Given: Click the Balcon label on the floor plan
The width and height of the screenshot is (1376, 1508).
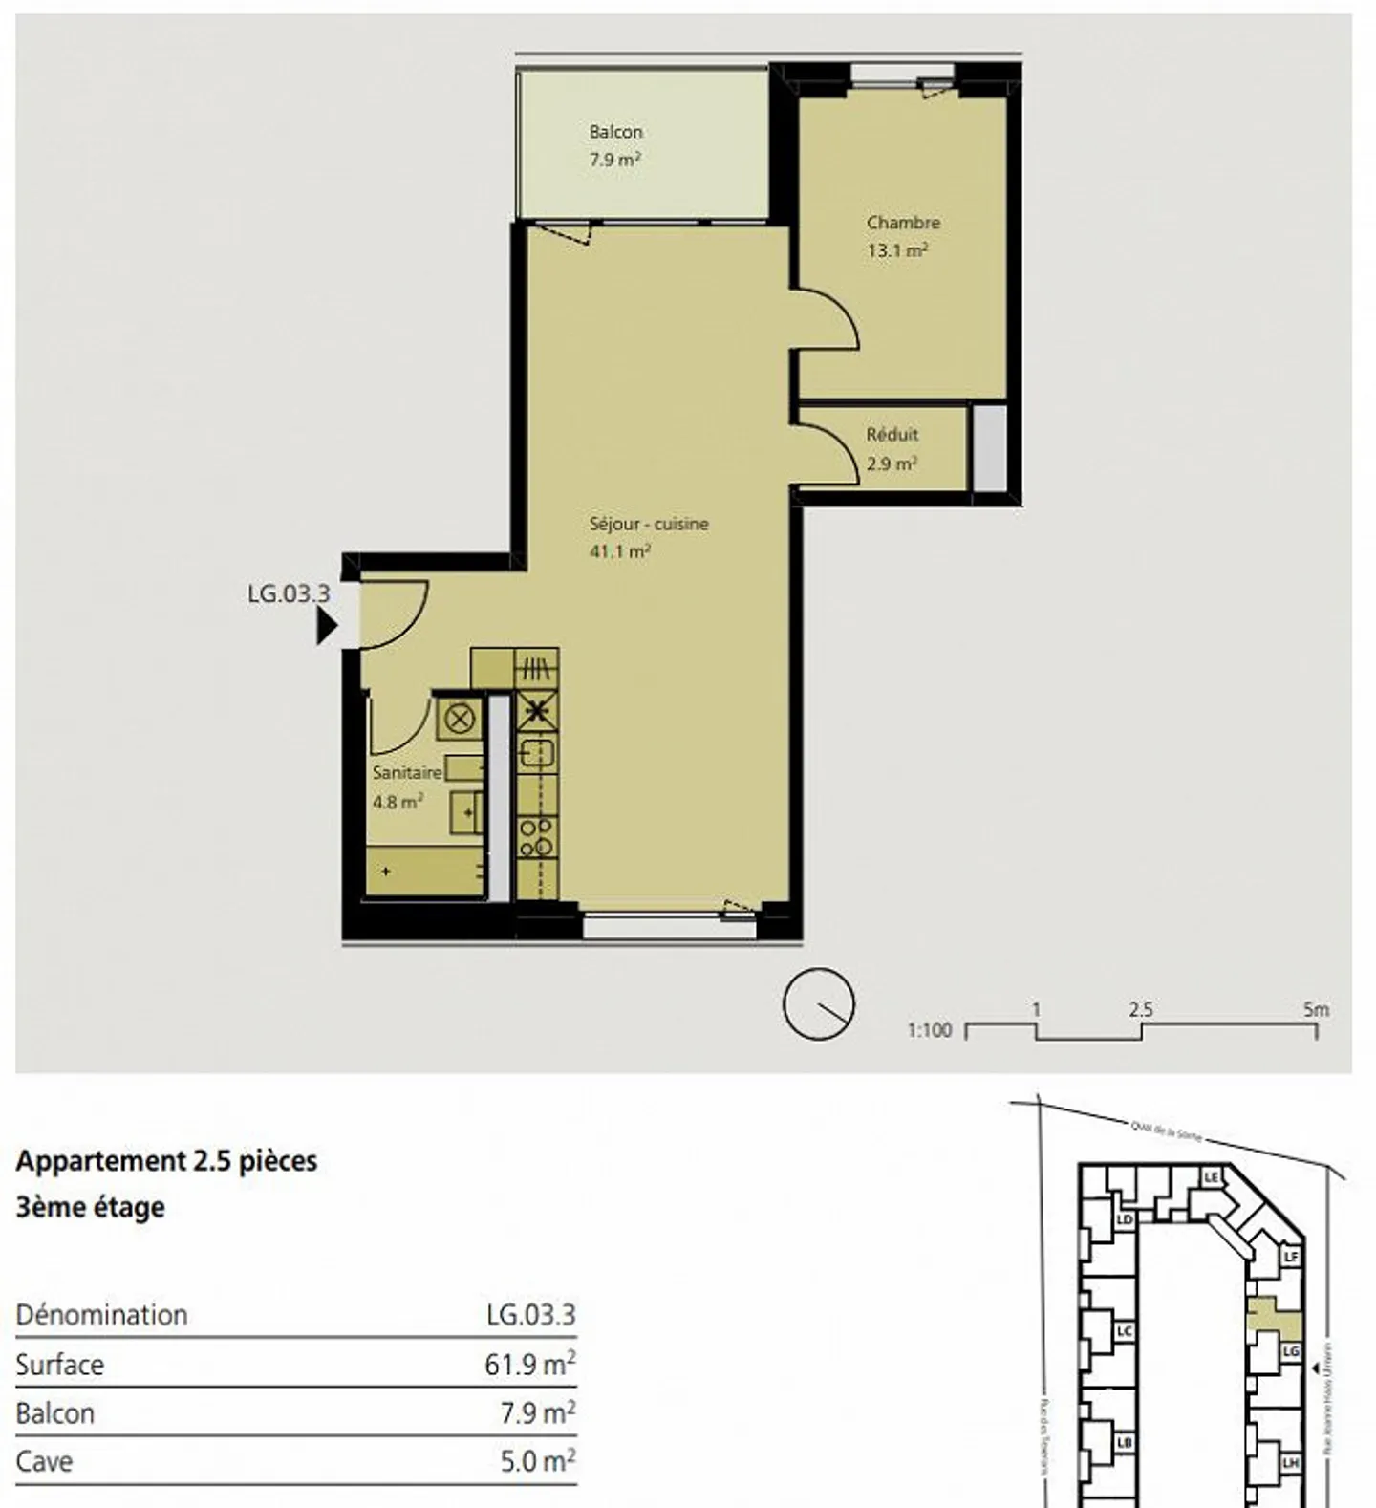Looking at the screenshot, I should point(615,132).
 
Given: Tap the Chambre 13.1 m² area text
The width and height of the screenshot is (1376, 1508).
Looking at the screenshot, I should point(897,251).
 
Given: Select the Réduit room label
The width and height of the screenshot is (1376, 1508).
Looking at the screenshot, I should point(892,435).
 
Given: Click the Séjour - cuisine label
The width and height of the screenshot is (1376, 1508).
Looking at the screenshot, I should point(649,524).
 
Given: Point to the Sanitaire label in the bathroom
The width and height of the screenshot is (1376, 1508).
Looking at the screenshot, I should point(407,772).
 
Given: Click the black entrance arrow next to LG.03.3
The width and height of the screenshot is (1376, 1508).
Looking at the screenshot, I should point(327,628).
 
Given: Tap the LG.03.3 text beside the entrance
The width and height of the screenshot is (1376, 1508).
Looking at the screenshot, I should point(289,593).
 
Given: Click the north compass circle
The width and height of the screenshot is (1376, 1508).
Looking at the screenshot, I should point(818,1004).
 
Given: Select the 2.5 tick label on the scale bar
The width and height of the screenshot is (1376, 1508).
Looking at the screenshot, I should point(1141,1009).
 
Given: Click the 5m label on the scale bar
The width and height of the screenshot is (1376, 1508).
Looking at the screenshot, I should point(1316,1009).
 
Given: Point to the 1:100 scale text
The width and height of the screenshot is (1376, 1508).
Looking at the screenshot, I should point(930,1030).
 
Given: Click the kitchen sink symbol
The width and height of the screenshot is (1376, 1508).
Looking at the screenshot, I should point(537,755).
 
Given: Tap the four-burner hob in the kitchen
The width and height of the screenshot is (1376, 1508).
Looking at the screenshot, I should point(536,836).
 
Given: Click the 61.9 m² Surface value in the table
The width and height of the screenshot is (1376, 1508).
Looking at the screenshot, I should point(529,1365).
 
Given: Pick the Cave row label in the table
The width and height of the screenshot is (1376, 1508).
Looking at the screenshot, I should point(44,1462).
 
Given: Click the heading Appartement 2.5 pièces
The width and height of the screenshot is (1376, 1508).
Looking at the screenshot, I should point(166,1161).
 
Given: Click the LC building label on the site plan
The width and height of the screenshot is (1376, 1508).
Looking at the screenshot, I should point(1125,1331).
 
